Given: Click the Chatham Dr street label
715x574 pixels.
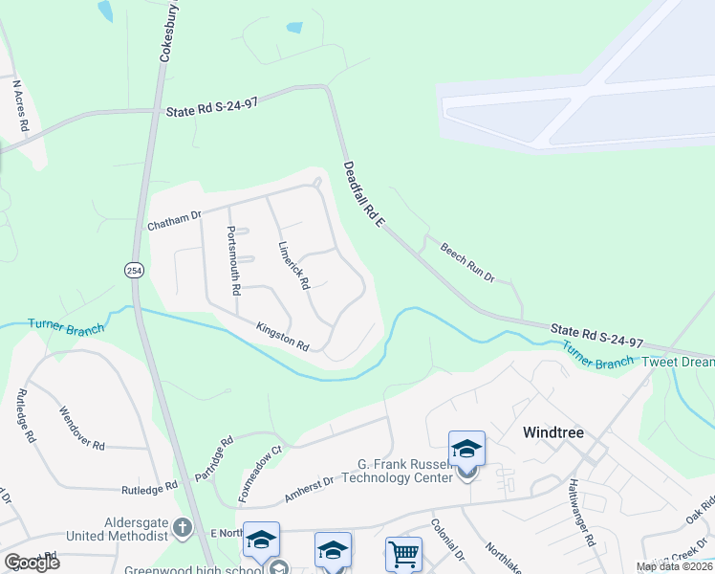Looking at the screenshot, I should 174,221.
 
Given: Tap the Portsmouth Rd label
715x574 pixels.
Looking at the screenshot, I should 233,259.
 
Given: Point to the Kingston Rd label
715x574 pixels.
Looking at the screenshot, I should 283,336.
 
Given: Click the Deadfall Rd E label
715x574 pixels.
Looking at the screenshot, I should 363,195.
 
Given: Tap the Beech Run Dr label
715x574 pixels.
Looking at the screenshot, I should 467,262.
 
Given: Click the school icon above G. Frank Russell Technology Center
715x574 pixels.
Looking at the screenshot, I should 466,449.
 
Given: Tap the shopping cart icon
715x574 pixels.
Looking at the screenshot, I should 403,554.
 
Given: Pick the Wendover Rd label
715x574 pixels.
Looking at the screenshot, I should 82,430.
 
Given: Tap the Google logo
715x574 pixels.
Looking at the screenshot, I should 32,563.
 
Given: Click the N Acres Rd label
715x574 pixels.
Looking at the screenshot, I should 20,105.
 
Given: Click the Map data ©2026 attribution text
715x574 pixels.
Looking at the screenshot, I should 674,566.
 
